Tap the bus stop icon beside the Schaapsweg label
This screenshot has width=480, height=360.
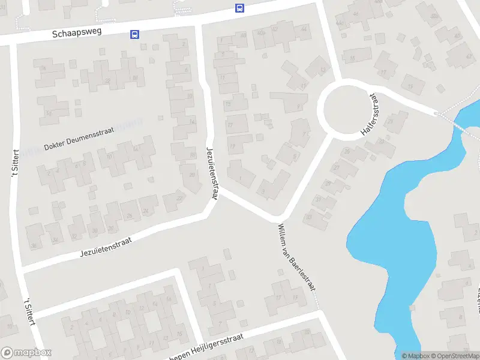pyautogui.click(x=134, y=35)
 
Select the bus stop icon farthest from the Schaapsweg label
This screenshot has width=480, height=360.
pyautogui.click(x=239, y=8)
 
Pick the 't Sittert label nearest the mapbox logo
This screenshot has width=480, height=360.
pyautogui.click(x=30, y=311)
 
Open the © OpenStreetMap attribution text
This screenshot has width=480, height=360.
pyautogui.click(x=455, y=356)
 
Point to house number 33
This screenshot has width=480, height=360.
pyautogui.click(x=309, y=217)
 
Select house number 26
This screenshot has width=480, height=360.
pyautogui.click(x=129, y=216)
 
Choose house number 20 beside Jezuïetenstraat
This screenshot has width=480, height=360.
pyautogui.click(x=191, y=175)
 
